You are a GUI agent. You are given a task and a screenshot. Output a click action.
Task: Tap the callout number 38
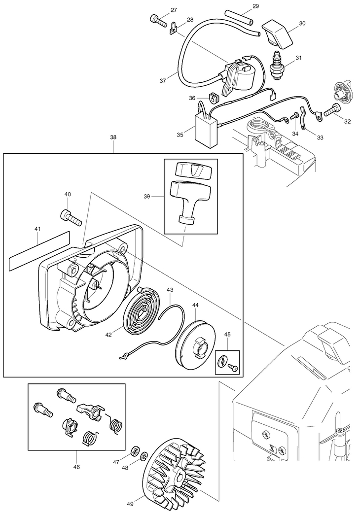coord(113,137)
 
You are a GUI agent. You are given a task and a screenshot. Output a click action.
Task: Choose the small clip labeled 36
coord(213,97)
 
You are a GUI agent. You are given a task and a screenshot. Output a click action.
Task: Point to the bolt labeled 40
coord(71,217)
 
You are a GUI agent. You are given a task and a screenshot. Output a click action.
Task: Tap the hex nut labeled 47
coord(134,450)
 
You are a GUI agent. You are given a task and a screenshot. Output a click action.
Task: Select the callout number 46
coord(76,467)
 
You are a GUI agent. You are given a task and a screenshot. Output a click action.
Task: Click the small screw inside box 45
coord(234,368)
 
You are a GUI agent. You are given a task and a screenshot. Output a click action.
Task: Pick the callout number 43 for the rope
coord(170,290)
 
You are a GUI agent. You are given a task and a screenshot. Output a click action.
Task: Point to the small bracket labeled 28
coord(173,28)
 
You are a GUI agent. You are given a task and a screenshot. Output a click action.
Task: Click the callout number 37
coord(163,81)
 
